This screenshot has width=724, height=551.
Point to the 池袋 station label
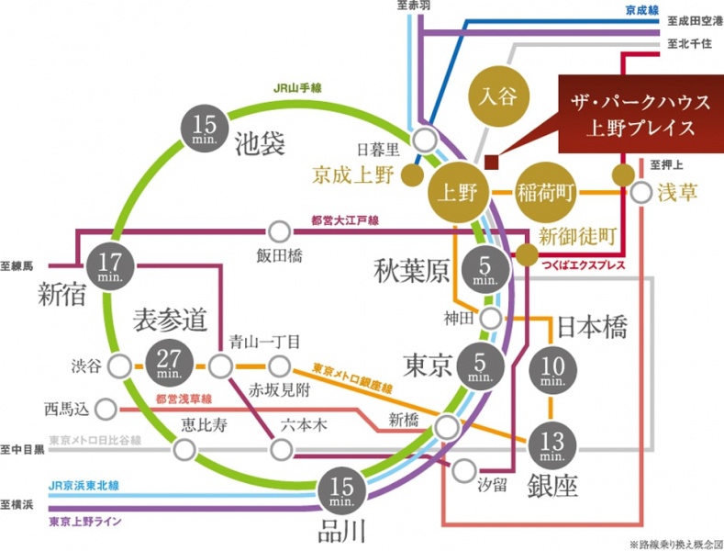[262, 143]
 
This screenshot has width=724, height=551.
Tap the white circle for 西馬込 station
[107, 407]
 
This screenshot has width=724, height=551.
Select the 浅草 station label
[680, 193]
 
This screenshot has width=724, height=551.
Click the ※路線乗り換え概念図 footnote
[674, 543]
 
